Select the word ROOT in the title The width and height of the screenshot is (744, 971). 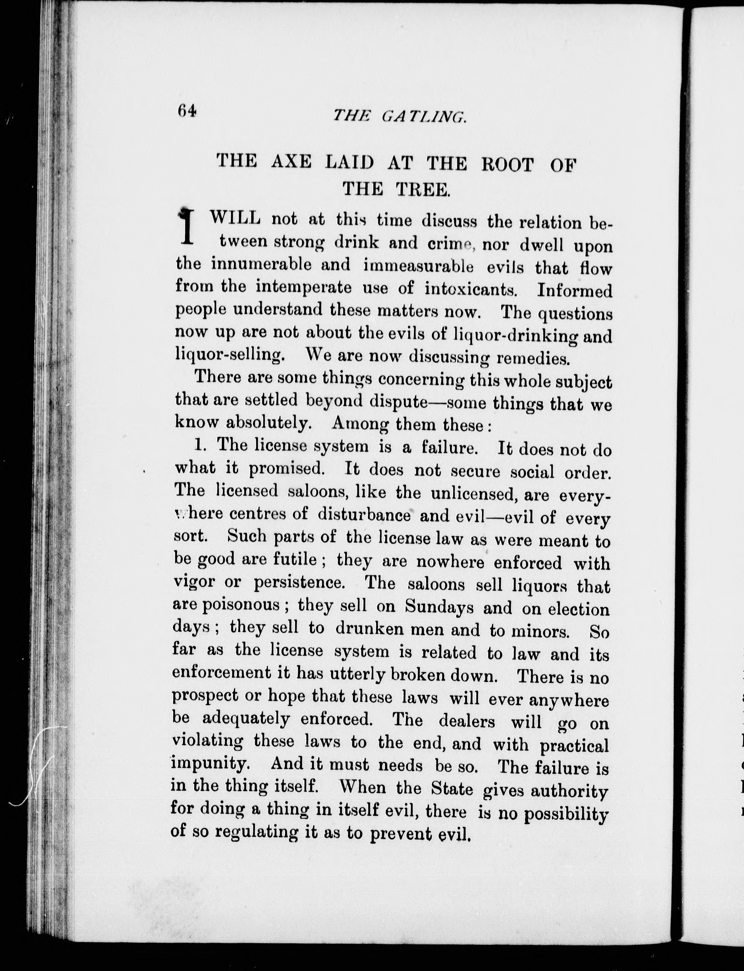507,164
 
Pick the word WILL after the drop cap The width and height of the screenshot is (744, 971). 235,218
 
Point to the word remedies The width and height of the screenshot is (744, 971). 533,358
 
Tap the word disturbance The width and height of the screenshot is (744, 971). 365,515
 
